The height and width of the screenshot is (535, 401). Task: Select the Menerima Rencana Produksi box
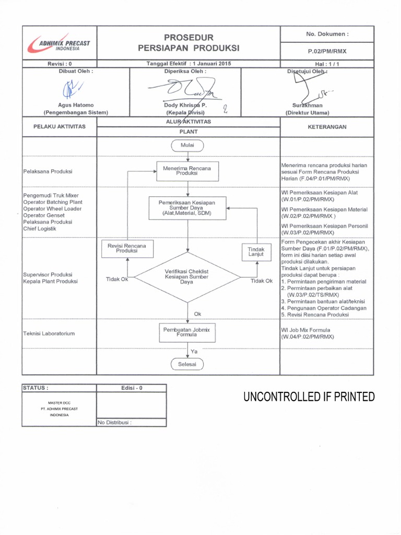187,171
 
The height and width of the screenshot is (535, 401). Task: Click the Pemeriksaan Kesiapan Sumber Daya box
187,207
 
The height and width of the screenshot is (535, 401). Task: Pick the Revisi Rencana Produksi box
126,248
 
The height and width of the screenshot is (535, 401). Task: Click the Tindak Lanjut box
256,252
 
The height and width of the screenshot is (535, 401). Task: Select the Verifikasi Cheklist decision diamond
187,277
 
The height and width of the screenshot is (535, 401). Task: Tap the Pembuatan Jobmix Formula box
187,332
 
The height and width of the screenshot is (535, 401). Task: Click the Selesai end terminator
187,364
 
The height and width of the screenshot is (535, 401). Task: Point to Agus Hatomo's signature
69,90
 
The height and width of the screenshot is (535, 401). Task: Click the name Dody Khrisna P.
185,105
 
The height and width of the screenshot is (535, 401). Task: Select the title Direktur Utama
307,112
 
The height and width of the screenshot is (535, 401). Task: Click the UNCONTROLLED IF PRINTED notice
309,397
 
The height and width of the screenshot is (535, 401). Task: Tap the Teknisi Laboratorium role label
49,333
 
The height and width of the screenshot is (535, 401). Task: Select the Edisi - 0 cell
131,388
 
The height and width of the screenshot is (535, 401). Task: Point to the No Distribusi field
114,423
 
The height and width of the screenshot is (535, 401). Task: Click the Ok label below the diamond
197,313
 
